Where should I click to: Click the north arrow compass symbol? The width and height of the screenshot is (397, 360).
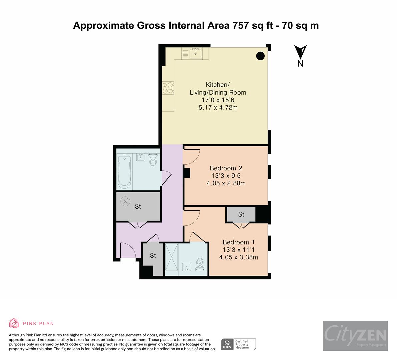tap(300, 52)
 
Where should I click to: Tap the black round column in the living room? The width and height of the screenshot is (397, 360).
tap(260, 56)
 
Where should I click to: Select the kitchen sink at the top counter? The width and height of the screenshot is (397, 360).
tap(195, 53)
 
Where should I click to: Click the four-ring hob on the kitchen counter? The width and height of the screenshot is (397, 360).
tap(168, 88)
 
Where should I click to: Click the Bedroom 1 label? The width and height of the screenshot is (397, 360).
tap(238, 242)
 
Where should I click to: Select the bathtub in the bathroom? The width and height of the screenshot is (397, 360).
tap(124, 171)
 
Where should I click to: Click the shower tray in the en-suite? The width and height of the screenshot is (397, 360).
tap(172, 259)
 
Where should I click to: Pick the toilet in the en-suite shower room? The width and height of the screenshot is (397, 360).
tap(200, 264)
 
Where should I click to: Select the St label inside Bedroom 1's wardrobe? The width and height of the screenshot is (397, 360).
tap(241, 214)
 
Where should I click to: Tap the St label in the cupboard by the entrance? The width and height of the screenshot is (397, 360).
tap(153, 256)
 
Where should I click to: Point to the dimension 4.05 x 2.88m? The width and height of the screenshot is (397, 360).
tap(226, 183)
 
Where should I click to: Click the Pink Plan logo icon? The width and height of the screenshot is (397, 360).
tap(14, 323)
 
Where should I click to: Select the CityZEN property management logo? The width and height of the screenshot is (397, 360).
tap(355, 336)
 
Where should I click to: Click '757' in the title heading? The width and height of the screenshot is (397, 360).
tap(239, 26)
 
